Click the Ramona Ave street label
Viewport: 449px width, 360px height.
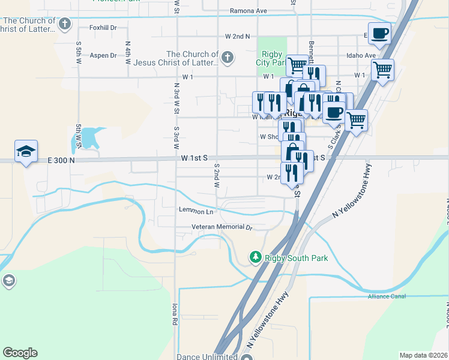click(249, 11)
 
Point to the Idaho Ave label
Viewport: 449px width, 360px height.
click(361, 56)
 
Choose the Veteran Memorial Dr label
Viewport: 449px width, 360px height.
click(221, 227)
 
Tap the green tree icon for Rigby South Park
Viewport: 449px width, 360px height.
click(256, 257)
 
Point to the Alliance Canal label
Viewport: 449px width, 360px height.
click(387, 296)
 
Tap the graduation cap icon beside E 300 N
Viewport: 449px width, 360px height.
click(26, 151)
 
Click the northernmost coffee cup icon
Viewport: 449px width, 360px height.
click(379, 32)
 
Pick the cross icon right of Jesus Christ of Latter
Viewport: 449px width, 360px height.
click(227, 58)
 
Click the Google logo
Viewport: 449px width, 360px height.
click(20, 353)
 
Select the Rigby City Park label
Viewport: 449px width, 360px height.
click(271, 58)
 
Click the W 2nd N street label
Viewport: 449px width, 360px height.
click(237, 37)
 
